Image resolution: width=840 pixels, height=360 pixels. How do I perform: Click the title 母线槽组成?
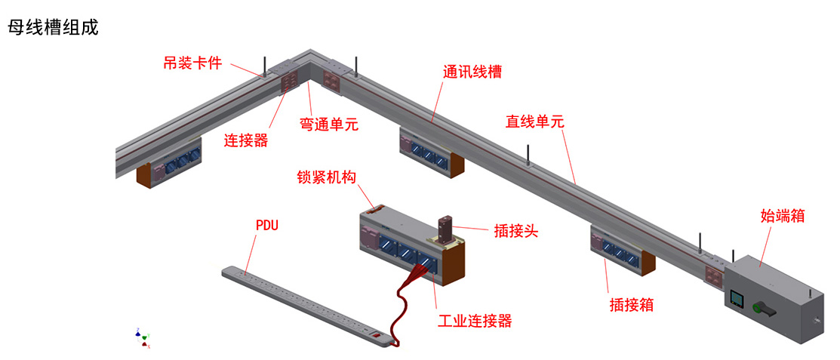pos(53,28)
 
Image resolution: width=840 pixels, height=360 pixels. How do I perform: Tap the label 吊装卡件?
pos(192,63)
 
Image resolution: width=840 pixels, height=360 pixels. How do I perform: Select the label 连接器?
pos(246,140)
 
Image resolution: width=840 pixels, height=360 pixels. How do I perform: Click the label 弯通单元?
pos(329,124)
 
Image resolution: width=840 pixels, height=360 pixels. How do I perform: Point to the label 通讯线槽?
pos(472,72)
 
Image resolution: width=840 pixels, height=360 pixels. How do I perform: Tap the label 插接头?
pos(515,231)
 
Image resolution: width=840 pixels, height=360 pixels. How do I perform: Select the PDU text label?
pos(267,225)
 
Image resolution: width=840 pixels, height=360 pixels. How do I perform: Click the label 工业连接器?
pos(475,321)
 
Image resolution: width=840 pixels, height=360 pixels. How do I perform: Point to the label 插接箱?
pos(631,305)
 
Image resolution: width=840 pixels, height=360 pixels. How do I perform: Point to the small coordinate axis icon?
pos(142,338)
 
